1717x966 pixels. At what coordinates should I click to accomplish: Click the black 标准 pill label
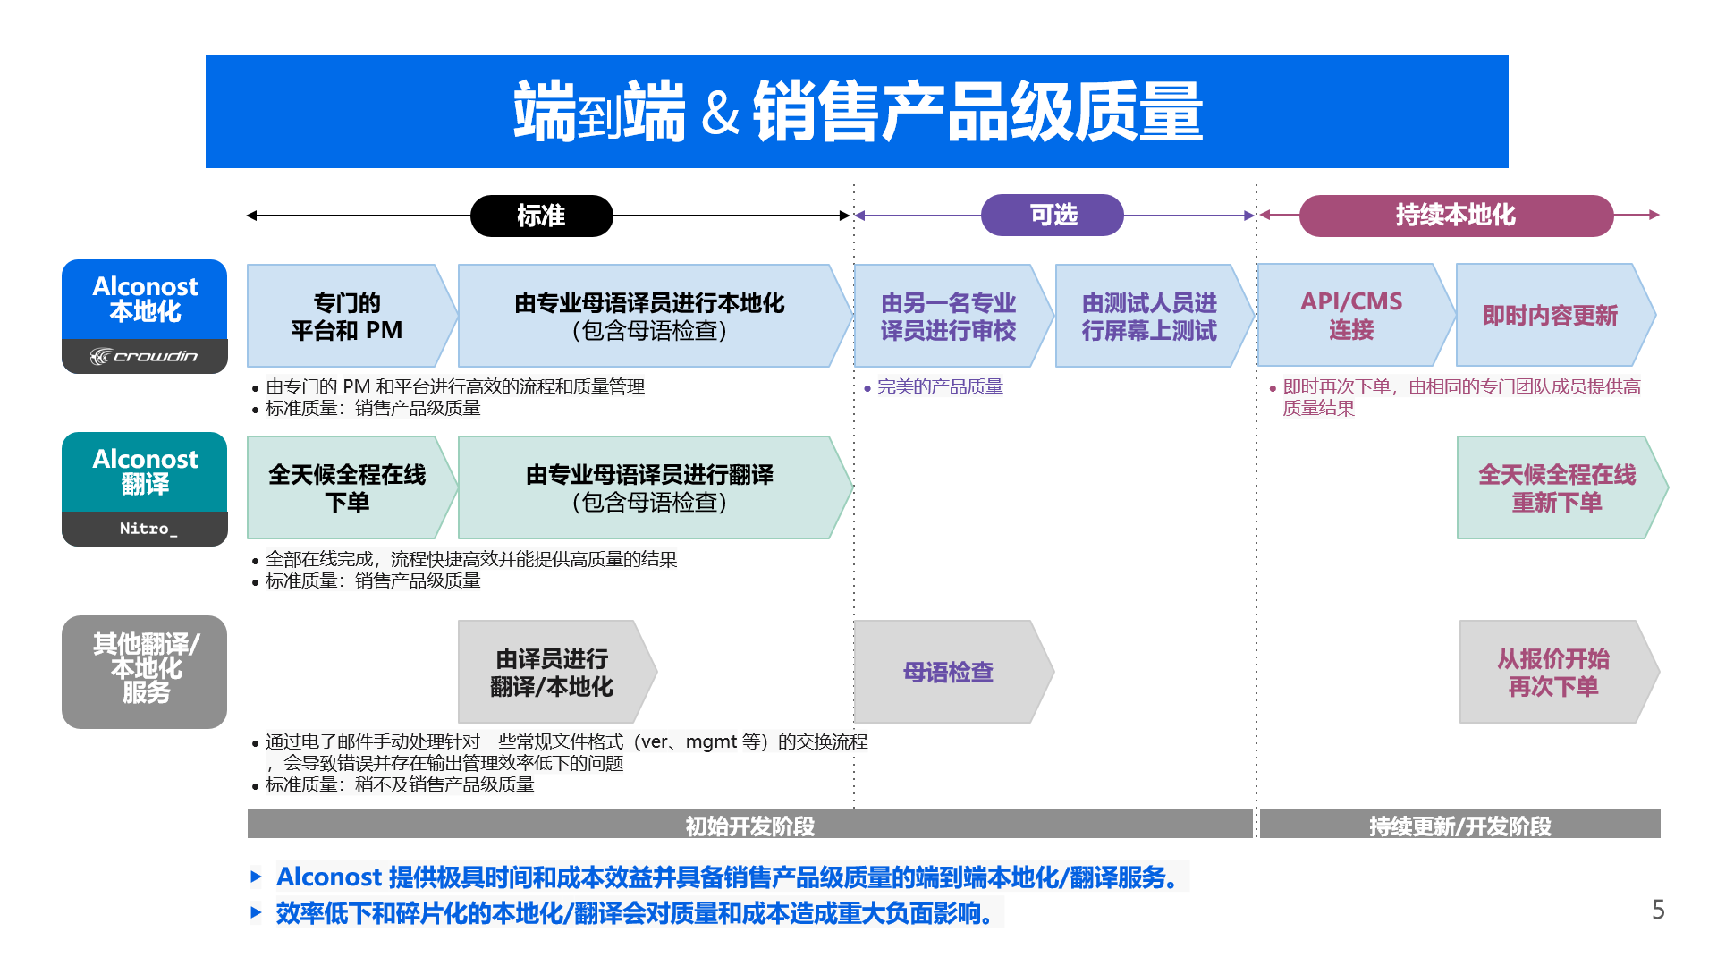click(x=541, y=216)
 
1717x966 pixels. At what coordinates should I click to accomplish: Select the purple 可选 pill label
click(x=1053, y=215)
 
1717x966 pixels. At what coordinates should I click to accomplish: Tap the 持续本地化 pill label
click(x=1455, y=215)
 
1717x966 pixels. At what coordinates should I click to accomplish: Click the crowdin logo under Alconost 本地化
click(x=144, y=356)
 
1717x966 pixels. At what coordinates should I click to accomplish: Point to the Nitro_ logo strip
click(x=144, y=529)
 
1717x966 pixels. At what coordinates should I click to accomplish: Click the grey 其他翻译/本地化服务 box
click(x=144, y=671)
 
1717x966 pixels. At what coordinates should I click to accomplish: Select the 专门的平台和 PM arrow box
click(x=347, y=316)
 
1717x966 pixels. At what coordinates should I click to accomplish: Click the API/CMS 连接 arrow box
click(x=1351, y=315)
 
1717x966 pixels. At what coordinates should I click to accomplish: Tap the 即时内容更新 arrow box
click(x=1550, y=315)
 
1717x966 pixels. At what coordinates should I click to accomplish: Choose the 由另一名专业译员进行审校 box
click(x=948, y=316)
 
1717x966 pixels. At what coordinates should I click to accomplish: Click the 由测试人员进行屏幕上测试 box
click(x=1149, y=316)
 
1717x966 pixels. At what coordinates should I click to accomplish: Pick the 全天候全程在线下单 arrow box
click(x=347, y=487)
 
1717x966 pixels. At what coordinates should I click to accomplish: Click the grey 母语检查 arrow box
click(x=948, y=672)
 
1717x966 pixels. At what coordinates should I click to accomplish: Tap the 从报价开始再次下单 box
click(x=1553, y=672)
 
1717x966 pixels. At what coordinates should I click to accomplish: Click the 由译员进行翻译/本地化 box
click(x=552, y=672)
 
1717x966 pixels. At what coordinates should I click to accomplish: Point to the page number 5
click(x=1658, y=910)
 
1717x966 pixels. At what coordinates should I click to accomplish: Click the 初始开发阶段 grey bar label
click(x=749, y=826)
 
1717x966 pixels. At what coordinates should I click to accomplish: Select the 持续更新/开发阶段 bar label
click(x=1459, y=826)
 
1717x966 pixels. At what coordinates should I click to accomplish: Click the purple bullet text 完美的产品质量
click(x=940, y=386)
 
